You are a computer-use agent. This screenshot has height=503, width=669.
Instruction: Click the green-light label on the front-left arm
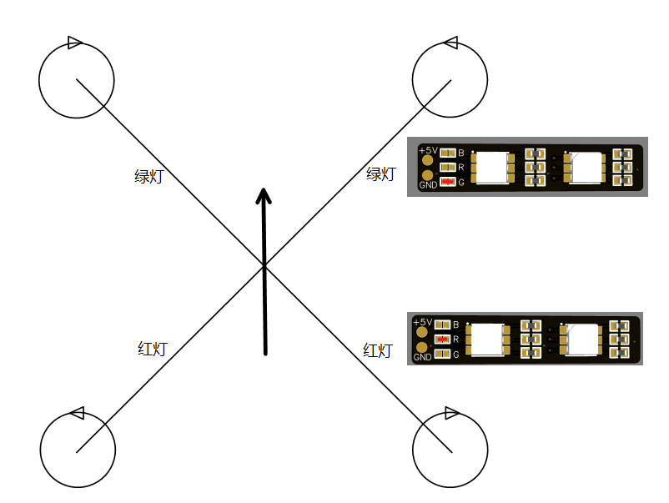coord(148,177)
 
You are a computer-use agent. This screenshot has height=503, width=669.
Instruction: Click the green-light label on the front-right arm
coord(380,174)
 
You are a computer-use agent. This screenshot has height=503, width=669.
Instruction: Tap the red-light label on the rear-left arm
coord(152,349)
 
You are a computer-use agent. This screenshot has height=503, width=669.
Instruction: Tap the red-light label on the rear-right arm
coord(377,350)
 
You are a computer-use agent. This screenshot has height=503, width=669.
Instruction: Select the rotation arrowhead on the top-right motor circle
coord(450,43)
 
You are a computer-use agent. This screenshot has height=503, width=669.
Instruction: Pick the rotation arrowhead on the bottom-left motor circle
coord(77,413)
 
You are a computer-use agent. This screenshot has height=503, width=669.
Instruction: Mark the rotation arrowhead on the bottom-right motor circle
coord(451,413)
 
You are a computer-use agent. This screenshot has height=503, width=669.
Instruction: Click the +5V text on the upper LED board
coord(428,149)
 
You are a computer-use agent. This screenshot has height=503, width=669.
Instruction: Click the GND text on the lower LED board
coord(423,357)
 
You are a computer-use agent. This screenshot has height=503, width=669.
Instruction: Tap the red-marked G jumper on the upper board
coord(449,181)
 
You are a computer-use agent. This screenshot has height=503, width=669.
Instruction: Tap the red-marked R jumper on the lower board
coord(442,339)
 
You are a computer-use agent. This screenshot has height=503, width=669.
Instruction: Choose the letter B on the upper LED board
coord(461,153)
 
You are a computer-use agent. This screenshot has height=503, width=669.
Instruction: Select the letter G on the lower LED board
coord(455,355)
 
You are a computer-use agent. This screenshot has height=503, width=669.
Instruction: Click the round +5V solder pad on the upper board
coord(429,160)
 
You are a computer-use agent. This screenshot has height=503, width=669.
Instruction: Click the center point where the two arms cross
coord(264,266)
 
